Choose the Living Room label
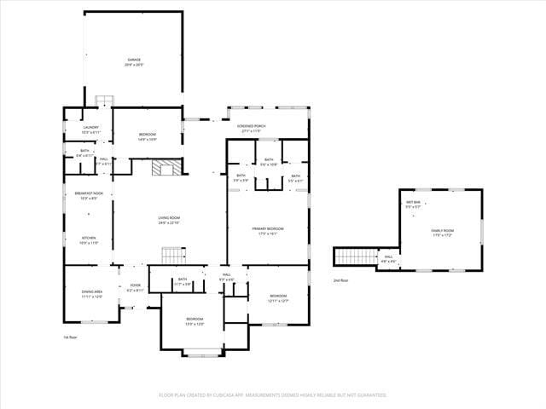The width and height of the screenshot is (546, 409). pyautogui.click(x=169, y=221)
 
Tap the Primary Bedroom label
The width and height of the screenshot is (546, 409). pyautogui.click(x=268, y=230)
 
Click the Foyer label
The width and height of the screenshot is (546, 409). pyautogui.click(x=135, y=287)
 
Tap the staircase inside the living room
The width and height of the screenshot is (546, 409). pyautogui.click(x=173, y=255)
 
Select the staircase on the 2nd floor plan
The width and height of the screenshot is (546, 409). pyautogui.click(x=355, y=256)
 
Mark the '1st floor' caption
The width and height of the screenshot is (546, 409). pyautogui.click(x=71, y=337)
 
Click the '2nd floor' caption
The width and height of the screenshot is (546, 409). pyautogui.click(x=340, y=280)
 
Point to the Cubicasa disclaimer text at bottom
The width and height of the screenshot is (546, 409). pyautogui.click(x=273, y=395)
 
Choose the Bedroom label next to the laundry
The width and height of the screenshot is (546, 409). pyautogui.click(x=148, y=136)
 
